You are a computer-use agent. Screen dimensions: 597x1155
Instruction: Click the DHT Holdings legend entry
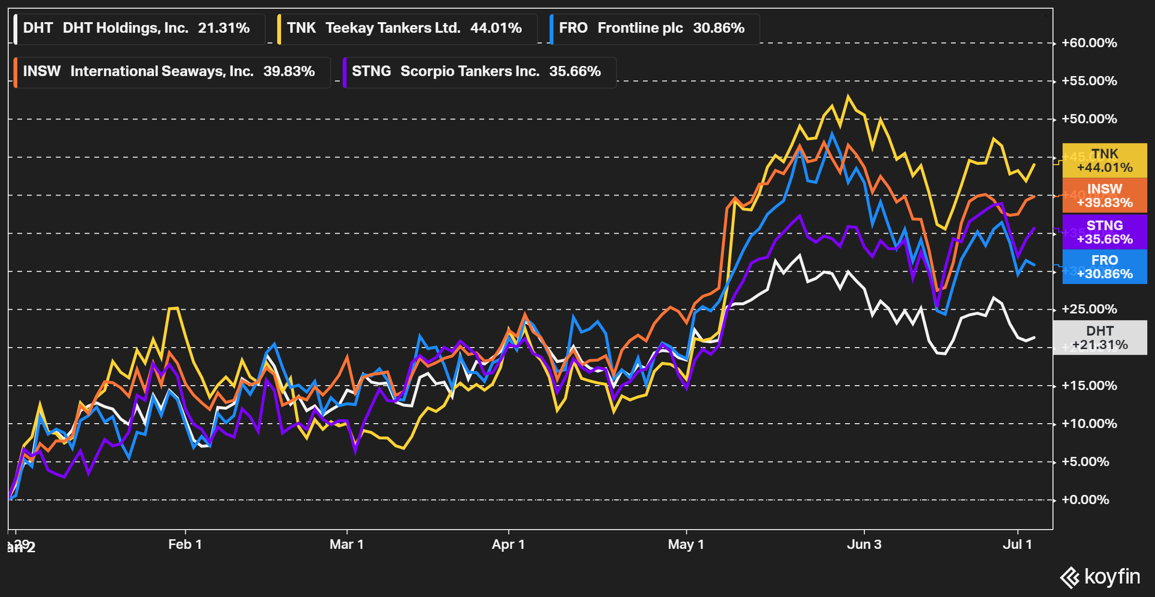[x=137, y=28]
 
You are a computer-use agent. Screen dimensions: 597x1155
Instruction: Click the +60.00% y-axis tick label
[x=1089, y=43]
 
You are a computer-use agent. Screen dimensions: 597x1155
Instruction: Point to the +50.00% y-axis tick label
[x=1089, y=119]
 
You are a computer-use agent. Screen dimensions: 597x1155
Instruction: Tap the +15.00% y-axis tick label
[x=1089, y=386]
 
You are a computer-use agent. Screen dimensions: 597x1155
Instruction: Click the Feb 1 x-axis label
[x=185, y=545]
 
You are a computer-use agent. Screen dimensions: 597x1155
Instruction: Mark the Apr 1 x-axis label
[x=508, y=545]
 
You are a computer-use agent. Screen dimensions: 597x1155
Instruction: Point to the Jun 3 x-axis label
[x=864, y=545]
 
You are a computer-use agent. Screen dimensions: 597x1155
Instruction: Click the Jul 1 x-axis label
[x=1017, y=545]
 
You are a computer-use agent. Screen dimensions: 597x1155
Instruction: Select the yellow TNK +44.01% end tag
[x=1104, y=161]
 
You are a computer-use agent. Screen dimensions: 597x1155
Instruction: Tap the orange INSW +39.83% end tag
[x=1104, y=195]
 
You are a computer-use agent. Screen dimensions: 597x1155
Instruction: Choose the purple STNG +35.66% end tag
[x=1104, y=232]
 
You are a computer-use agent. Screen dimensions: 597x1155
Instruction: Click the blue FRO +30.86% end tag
[x=1104, y=267]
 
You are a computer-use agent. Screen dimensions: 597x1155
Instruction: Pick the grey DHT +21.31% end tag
[x=1100, y=337]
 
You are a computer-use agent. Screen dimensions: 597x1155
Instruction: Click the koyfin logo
[x=1100, y=577]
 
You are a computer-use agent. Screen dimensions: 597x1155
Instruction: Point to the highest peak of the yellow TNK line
[x=848, y=96]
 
